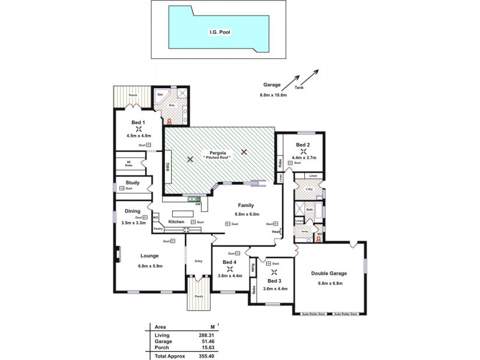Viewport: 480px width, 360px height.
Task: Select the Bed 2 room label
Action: pyautogui.click(x=303, y=145)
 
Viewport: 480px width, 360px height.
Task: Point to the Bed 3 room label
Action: pyautogui.click(x=274, y=281)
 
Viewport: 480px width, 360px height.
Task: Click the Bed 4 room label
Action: pyautogui.click(x=229, y=262)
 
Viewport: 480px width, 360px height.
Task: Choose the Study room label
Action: pyautogui.click(x=133, y=182)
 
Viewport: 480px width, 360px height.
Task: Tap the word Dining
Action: pyautogui.click(x=133, y=211)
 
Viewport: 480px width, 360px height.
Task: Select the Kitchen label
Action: pyautogui.click(x=176, y=222)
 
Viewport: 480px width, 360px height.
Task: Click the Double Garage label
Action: pyautogui.click(x=329, y=273)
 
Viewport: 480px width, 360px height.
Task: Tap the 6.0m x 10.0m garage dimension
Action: pyautogui.click(x=274, y=95)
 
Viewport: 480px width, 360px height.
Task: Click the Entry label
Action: pyautogui.click(x=199, y=261)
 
